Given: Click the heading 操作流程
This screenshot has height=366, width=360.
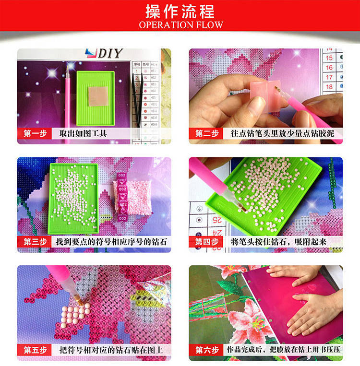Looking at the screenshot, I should [180, 11].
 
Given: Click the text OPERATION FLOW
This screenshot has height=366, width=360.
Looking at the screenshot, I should [180, 24].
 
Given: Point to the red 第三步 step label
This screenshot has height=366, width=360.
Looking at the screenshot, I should [35, 242].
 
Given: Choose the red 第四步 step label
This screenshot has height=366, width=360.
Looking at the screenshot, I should [206, 242].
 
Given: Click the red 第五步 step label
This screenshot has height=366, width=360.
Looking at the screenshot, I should [35, 350].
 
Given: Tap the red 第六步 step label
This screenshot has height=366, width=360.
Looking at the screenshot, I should [206, 350].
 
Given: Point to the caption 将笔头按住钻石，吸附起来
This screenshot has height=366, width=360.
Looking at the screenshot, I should [278, 242].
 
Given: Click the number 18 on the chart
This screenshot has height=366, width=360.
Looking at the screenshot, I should [329, 86].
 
